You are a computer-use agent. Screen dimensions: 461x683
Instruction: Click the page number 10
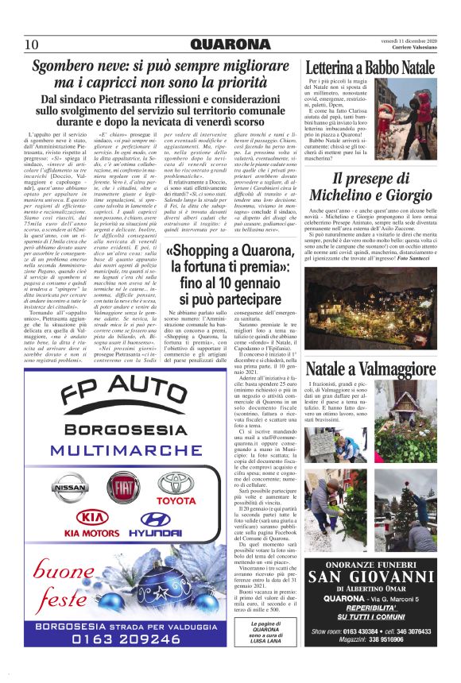click(x=32, y=44)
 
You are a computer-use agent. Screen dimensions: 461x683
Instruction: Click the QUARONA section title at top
click(x=230, y=44)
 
